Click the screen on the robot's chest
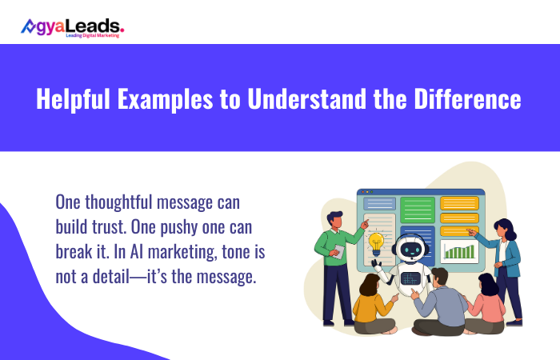point(410,278)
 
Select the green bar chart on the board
point(459,251)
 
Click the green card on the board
point(417,210)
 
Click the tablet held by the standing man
point(339,251)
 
